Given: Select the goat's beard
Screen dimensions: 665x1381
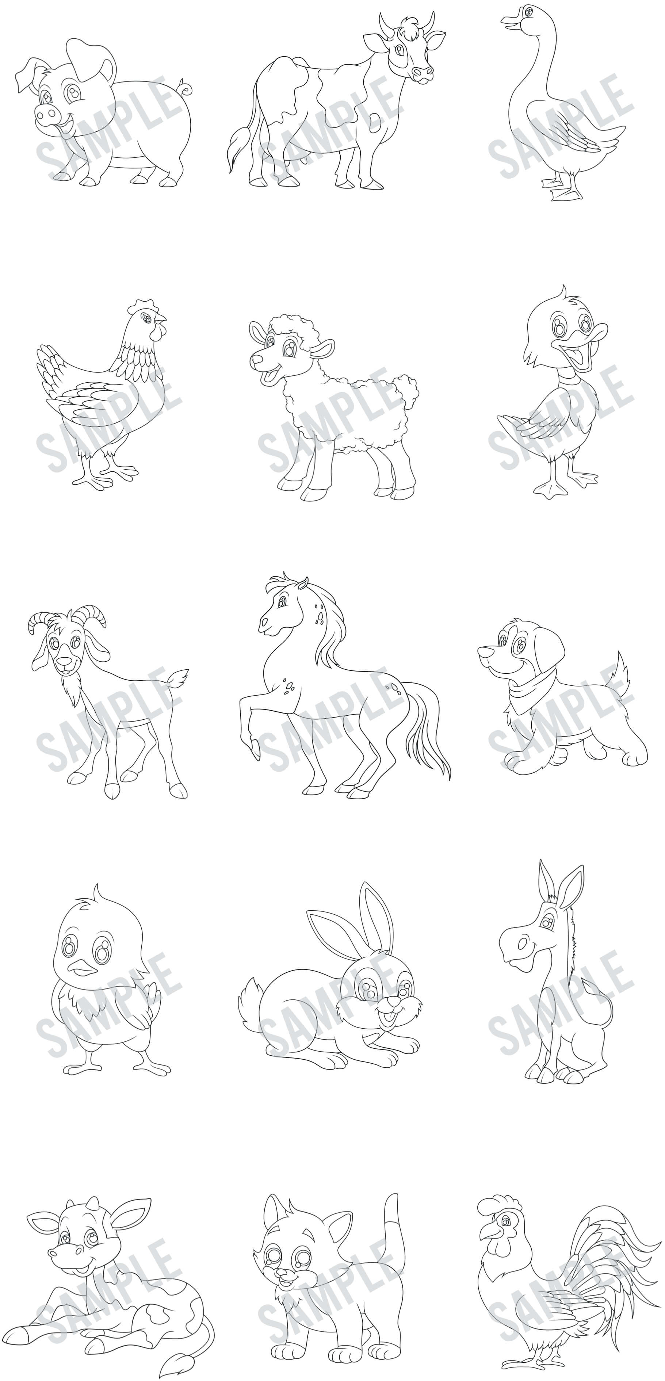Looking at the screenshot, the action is coord(72,692).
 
